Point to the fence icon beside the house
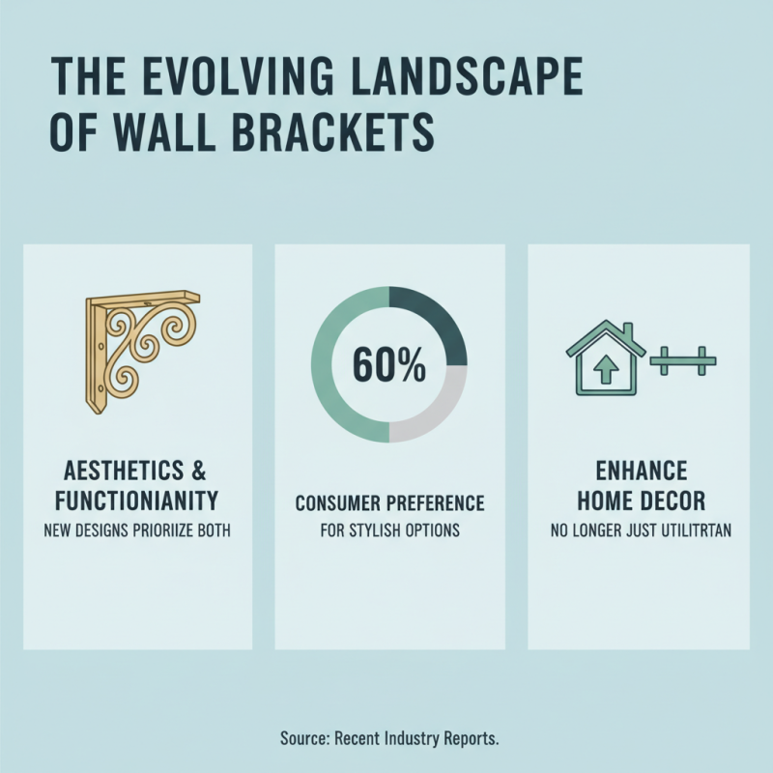tap(685, 362)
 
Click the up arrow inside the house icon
tap(606, 371)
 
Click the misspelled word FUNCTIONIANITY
tap(137, 502)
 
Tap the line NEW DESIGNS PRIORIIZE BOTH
tap(137, 530)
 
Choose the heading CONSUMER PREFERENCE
tap(389, 503)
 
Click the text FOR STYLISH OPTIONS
tap(389, 530)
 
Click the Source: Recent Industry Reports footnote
tap(389, 738)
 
